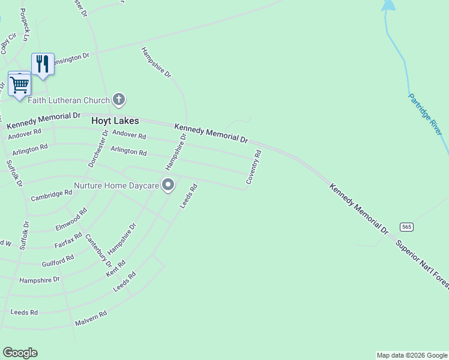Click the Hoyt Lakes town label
(x=115, y=121)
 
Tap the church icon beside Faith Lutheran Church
(x=119, y=100)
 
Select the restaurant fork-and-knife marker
(x=43, y=64)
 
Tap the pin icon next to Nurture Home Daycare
(x=168, y=185)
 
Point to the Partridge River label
(x=425, y=113)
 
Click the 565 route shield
(x=407, y=227)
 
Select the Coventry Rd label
(x=254, y=167)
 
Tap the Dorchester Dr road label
(x=98, y=148)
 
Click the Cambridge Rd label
(x=52, y=196)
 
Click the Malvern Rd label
(x=91, y=319)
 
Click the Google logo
(x=20, y=353)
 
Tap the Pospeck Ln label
(x=24, y=25)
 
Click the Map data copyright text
(x=412, y=355)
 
